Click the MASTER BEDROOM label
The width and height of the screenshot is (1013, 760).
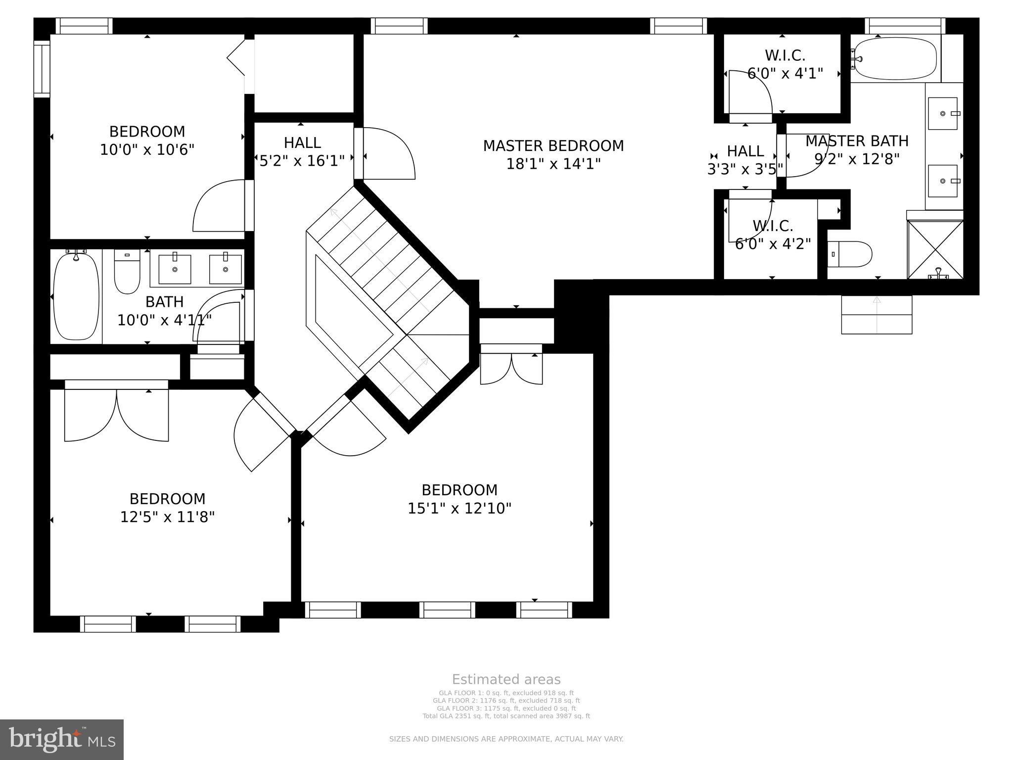(553, 146)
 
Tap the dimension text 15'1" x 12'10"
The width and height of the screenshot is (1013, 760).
(459, 508)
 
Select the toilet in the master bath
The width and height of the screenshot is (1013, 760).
(850, 254)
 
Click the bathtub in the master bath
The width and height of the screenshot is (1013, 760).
(895, 59)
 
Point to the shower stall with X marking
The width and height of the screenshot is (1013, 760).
(935, 250)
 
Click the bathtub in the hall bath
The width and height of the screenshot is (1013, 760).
(76, 296)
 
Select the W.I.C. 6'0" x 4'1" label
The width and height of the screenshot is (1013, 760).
(785, 64)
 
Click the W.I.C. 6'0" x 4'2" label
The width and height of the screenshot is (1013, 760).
(773, 235)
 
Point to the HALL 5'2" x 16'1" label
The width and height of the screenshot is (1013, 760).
(302, 151)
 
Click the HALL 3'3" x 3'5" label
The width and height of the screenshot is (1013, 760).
(745, 160)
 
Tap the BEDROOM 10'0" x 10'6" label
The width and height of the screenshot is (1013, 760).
(147, 140)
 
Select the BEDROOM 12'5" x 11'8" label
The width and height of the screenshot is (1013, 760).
(167, 508)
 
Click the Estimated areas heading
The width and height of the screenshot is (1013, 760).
(506, 679)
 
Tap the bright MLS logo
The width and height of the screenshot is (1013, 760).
(61, 739)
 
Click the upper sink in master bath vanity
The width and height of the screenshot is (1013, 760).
(943, 113)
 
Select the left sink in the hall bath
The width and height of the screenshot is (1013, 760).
(175, 269)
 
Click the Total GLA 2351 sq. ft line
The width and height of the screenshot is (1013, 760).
(506, 716)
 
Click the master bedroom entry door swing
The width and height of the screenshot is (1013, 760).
(389, 154)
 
